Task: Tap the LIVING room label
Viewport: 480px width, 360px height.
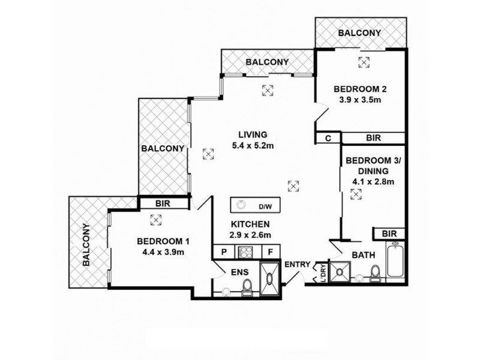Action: coord(252,134)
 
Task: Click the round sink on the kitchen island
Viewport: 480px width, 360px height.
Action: coord(241,204)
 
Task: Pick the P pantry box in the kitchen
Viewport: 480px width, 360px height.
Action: coord(224,253)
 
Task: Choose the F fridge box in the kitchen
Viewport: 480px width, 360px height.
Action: coord(271,253)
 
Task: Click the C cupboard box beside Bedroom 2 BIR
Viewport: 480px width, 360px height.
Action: coord(328,138)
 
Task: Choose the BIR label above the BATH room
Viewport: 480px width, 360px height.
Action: coord(389,233)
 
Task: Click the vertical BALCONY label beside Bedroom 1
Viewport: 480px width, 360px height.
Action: coord(87,245)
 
